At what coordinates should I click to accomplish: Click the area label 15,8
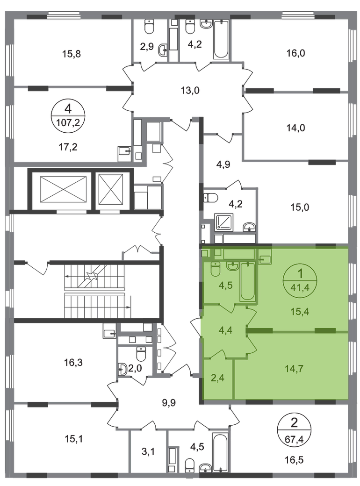click(72, 54)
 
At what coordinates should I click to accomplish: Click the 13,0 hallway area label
click(190, 91)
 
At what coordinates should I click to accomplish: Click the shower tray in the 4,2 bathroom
click(224, 222)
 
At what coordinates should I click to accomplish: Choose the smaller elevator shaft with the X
click(111, 189)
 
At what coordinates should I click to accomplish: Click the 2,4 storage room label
click(218, 378)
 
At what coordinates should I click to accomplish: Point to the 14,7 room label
click(294, 369)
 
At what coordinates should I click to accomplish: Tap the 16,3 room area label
click(73, 362)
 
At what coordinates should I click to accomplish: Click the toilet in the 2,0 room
click(141, 354)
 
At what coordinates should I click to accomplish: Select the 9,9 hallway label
click(169, 402)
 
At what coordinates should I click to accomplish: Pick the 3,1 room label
click(148, 451)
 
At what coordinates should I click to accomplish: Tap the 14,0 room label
click(295, 128)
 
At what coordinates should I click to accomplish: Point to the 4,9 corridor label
click(223, 164)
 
